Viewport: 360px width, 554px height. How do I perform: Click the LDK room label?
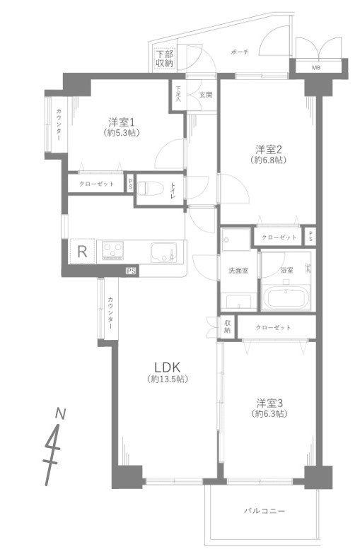[168, 367]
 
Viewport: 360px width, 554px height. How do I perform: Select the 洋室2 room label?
[269, 149]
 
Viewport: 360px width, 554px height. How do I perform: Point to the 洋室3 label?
[269, 402]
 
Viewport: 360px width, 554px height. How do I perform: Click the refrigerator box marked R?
[82, 250]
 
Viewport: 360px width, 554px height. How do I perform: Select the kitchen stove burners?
[113, 249]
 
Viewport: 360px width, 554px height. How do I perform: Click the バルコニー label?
[265, 509]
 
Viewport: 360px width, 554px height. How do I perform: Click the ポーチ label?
[239, 52]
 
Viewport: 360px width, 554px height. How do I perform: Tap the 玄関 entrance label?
[205, 94]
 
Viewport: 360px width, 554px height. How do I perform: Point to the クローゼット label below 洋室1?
[95, 183]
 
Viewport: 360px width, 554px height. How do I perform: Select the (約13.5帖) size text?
[168, 379]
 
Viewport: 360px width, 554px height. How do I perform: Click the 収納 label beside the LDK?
[228, 326]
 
